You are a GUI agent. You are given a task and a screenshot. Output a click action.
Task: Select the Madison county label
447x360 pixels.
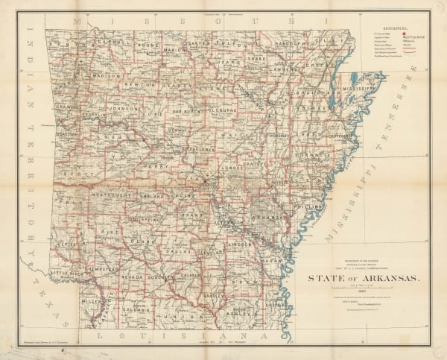[x=106, y=75]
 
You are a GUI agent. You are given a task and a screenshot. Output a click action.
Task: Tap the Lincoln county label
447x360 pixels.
[x=240, y=244]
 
